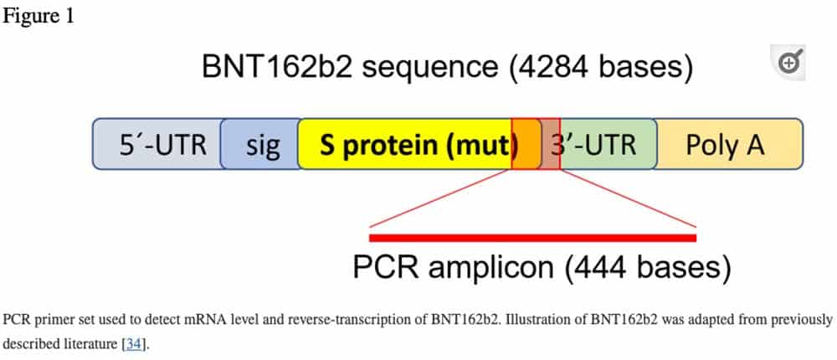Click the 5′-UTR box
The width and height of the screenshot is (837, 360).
(x=157, y=144)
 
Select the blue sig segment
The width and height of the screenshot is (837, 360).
(x=260, y=144)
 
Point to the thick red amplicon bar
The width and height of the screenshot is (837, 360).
(x=532, y=238)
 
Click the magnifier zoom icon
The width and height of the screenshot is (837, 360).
(x=788, y=63)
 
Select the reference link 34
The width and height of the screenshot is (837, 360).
(x=133, y=344)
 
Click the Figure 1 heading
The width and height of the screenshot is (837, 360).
(x=39, y=16)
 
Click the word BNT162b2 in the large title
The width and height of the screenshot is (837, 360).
(x=277, y=66)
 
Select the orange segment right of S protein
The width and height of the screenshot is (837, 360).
(x=526, y=144)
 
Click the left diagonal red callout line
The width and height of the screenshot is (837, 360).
(x=440, y=198)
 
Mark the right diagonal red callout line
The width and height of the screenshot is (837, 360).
(x=629, y=198)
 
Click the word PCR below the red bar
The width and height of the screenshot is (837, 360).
(x=386, y=266)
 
